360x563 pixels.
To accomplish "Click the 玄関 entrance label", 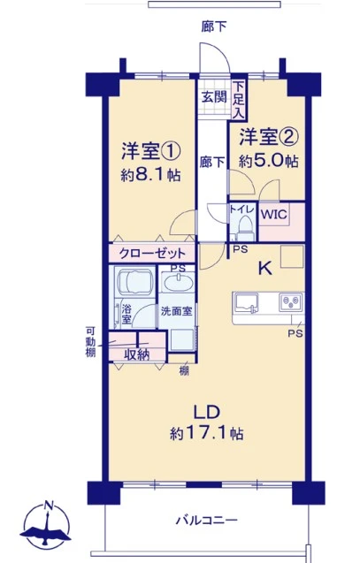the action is [214, 96].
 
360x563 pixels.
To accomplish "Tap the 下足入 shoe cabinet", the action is [238, 100].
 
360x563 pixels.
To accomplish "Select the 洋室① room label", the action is [150, 151].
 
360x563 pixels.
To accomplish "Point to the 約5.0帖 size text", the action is [268, 161].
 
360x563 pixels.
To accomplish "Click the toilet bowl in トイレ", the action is [246, 225].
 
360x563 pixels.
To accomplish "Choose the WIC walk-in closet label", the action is [274, 215].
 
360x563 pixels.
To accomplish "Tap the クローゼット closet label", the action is [152, 254].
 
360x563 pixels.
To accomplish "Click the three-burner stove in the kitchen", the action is [291, 302].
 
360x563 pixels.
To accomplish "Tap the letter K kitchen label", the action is [265, 268].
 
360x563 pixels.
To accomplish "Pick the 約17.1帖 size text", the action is [206, 434].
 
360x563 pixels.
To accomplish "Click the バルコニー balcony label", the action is [207, 520].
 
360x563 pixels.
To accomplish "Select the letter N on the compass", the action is [47, 506].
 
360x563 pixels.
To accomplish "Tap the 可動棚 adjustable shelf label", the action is [90, 341].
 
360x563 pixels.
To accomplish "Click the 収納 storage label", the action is [136, 354].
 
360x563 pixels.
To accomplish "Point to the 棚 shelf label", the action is [184, 370].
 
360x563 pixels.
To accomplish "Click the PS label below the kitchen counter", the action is [295, 333].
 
